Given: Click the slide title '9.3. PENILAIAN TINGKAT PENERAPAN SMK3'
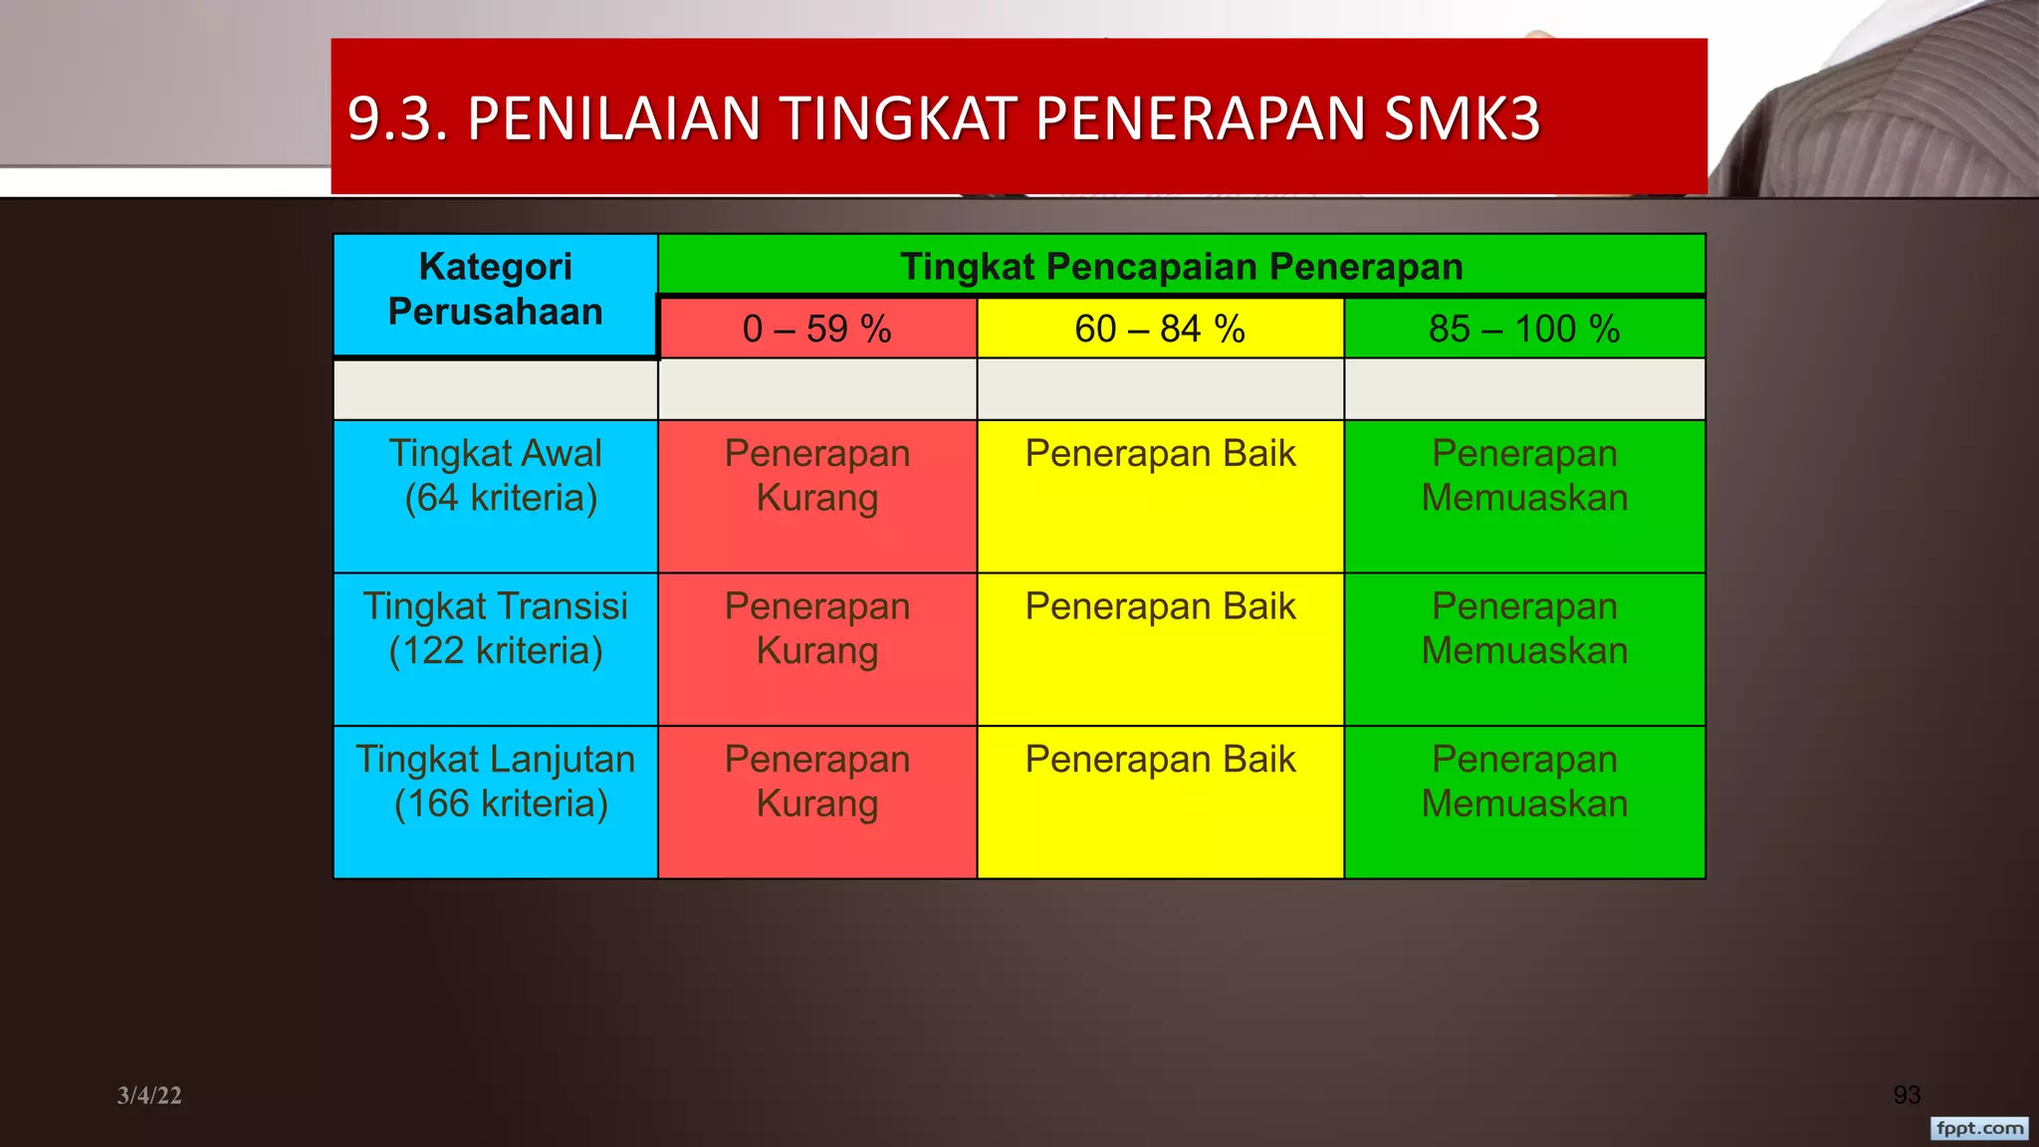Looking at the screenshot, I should [944, 118].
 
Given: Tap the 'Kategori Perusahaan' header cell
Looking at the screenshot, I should [495, 290].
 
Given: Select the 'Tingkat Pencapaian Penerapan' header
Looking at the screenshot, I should [1181, 267].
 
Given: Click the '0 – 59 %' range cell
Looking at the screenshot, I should [816, 329].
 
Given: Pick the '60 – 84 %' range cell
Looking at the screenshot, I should [1160, 329].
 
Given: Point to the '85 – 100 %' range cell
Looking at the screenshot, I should [1523, 329].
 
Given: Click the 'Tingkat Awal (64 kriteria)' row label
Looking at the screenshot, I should [496, 476].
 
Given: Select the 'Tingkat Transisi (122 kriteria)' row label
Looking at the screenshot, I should [496, 628].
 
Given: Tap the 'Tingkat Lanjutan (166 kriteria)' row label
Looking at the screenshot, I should [496, 782].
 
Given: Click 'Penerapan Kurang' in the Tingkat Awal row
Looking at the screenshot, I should [817, 476].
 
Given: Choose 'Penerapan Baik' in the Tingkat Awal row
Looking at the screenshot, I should [1160, 454].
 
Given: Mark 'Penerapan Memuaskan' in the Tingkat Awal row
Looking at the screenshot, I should [1524, 476].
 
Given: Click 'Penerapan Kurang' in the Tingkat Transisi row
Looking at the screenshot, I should [817, 628].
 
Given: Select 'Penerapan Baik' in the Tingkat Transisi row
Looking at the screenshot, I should [1160, 606].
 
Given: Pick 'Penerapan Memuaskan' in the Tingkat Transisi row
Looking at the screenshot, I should [1524, 628].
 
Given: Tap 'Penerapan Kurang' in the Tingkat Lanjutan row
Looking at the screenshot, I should [817, 782].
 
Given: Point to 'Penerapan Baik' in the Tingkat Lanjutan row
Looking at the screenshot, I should [1160, 760].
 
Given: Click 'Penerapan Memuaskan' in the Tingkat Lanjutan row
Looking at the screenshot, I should [1524, 782].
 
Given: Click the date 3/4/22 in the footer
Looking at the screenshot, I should [149, 1095].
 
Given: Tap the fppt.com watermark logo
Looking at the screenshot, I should [1979, 1128].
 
